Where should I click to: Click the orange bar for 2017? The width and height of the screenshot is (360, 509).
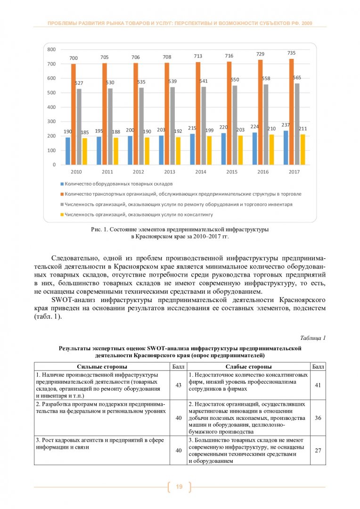pyautogui.click(x=291, y=112)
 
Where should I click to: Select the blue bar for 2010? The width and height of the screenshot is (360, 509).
pyautogui.click(x=68, y=151)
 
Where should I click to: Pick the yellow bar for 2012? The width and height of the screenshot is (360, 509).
pyautogui.click(x=147, y=151)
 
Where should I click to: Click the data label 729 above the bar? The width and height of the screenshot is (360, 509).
pyautogui.click(x=260, y=54)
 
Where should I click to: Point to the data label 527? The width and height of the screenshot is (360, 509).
pyautogui.click(x=79, y=83)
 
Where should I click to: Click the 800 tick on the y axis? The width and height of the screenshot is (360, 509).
pyautogui.click(x=52, y=49)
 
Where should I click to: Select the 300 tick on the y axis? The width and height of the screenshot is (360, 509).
pyautogui.click(x=52, y=122)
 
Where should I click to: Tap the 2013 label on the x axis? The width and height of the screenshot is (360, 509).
pyautogui.click(x=170, y=172)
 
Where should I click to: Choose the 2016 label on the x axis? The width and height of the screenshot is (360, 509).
pyautogui.click(x=263, y=172)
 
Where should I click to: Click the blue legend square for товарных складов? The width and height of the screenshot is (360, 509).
pyautogui.click(x=62, y=183)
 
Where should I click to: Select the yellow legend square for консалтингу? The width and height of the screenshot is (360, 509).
pyautogui.click(x=62, y=214)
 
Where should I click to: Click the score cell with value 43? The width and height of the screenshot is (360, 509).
pyautogui.click(x=179, y=385)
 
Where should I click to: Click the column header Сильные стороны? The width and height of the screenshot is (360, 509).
pyautogui.click(x=101, y=366)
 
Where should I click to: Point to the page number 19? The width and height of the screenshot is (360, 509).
pyautogui.click(x=179, y=486)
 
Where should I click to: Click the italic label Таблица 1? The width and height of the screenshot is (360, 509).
pyautogui.click(x=312, y=338)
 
